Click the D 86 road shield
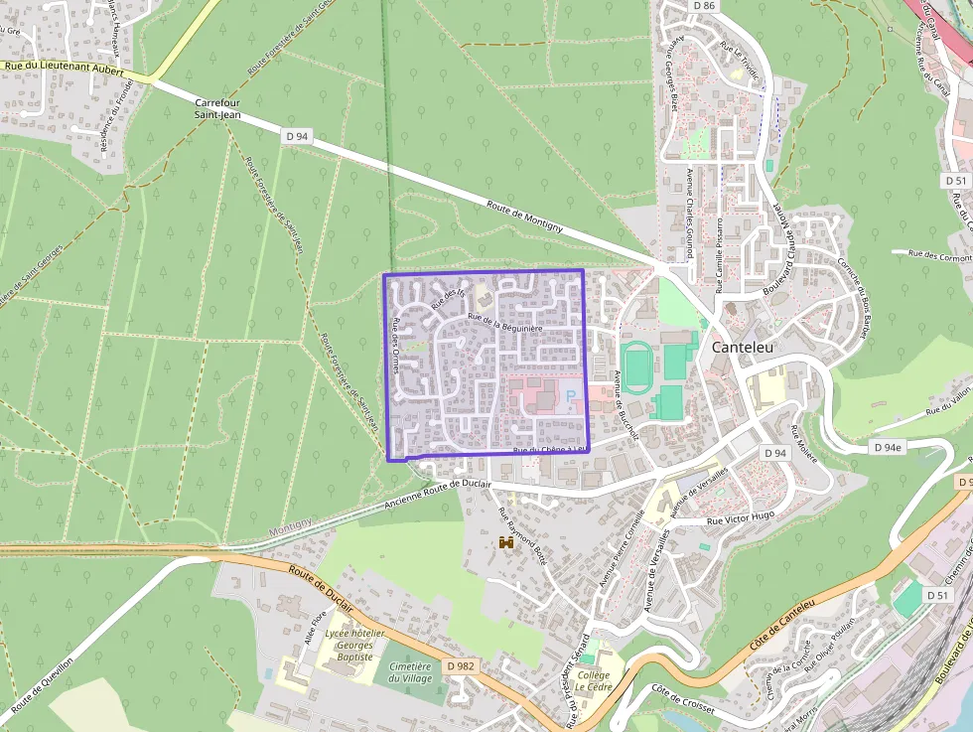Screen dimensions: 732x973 click(x=704, y=6)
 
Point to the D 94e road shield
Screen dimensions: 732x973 click(x=889, y=448)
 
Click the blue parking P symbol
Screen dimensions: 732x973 click(x=571, y=396)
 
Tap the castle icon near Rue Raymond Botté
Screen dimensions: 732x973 click(x=506, y=542)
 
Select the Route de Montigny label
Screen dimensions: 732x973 click(x=525, y=218)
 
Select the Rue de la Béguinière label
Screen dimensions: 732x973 click(x=505, y=322)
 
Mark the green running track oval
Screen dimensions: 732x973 click(x=635, y=363)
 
